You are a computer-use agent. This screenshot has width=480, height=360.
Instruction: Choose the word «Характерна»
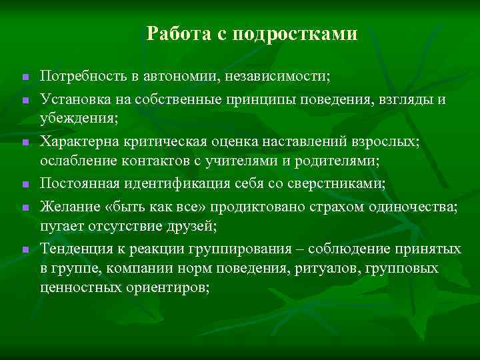click(x=79, y=141)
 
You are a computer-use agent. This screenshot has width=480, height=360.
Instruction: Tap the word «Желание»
click(x=68, y=207)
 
